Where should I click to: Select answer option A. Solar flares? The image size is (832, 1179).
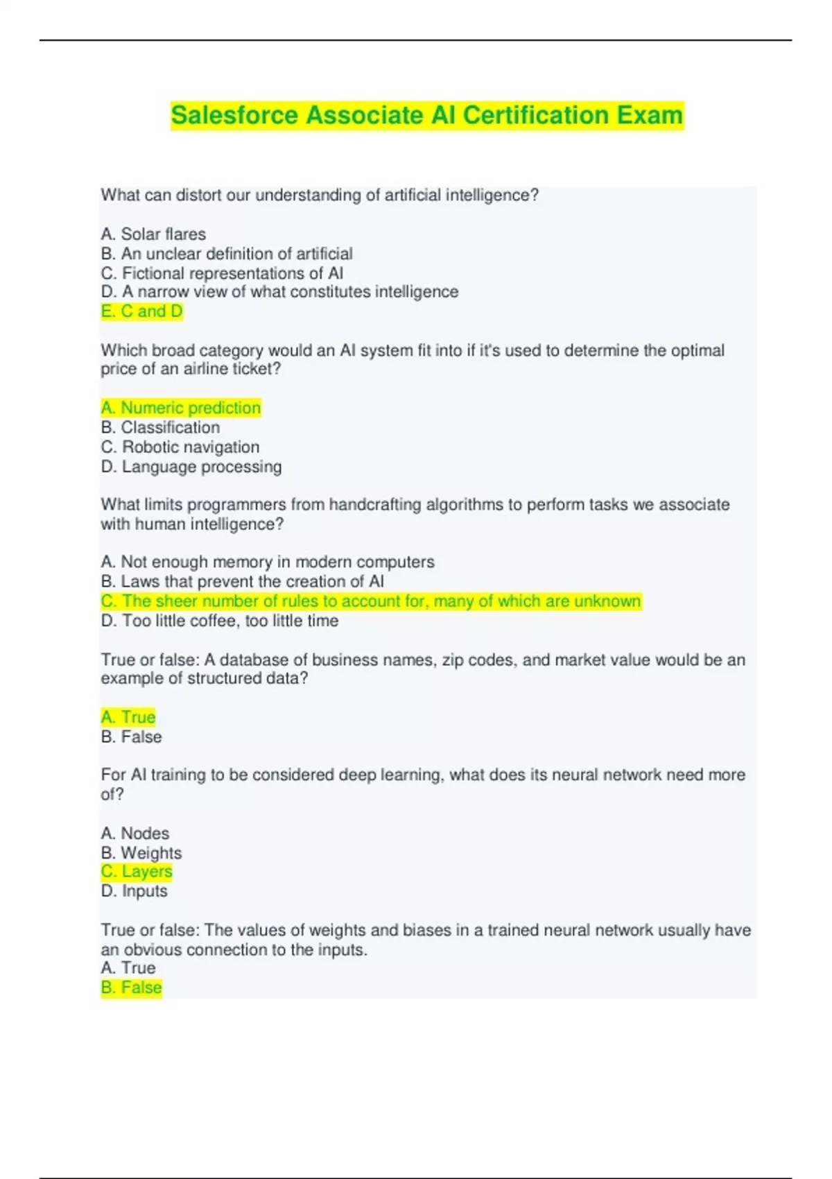click(153, 234)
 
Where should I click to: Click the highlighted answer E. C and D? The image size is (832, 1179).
click(141, 311)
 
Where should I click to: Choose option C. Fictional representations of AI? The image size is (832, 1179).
click(222, 273)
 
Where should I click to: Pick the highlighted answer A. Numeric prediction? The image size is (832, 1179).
click(181, 408)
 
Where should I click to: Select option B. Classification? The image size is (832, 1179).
click(160, 427)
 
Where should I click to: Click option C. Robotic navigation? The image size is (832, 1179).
click(180, 447)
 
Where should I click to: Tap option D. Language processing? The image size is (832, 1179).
click(191, 467)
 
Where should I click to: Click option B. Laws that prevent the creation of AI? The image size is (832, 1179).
click(242, 581)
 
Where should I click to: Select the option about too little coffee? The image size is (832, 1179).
click(220, 621)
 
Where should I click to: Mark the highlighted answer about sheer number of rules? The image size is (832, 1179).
click(371, 601)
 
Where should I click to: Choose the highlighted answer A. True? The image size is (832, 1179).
click(128, 717)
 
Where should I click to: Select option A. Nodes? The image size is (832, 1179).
click(135, 833)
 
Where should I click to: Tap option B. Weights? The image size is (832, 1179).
click(141, 852)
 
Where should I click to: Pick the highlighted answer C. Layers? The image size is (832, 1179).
click(137, 872)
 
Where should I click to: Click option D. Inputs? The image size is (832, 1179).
click(135, 891)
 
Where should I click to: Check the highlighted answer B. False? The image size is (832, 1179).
click(131, 988)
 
